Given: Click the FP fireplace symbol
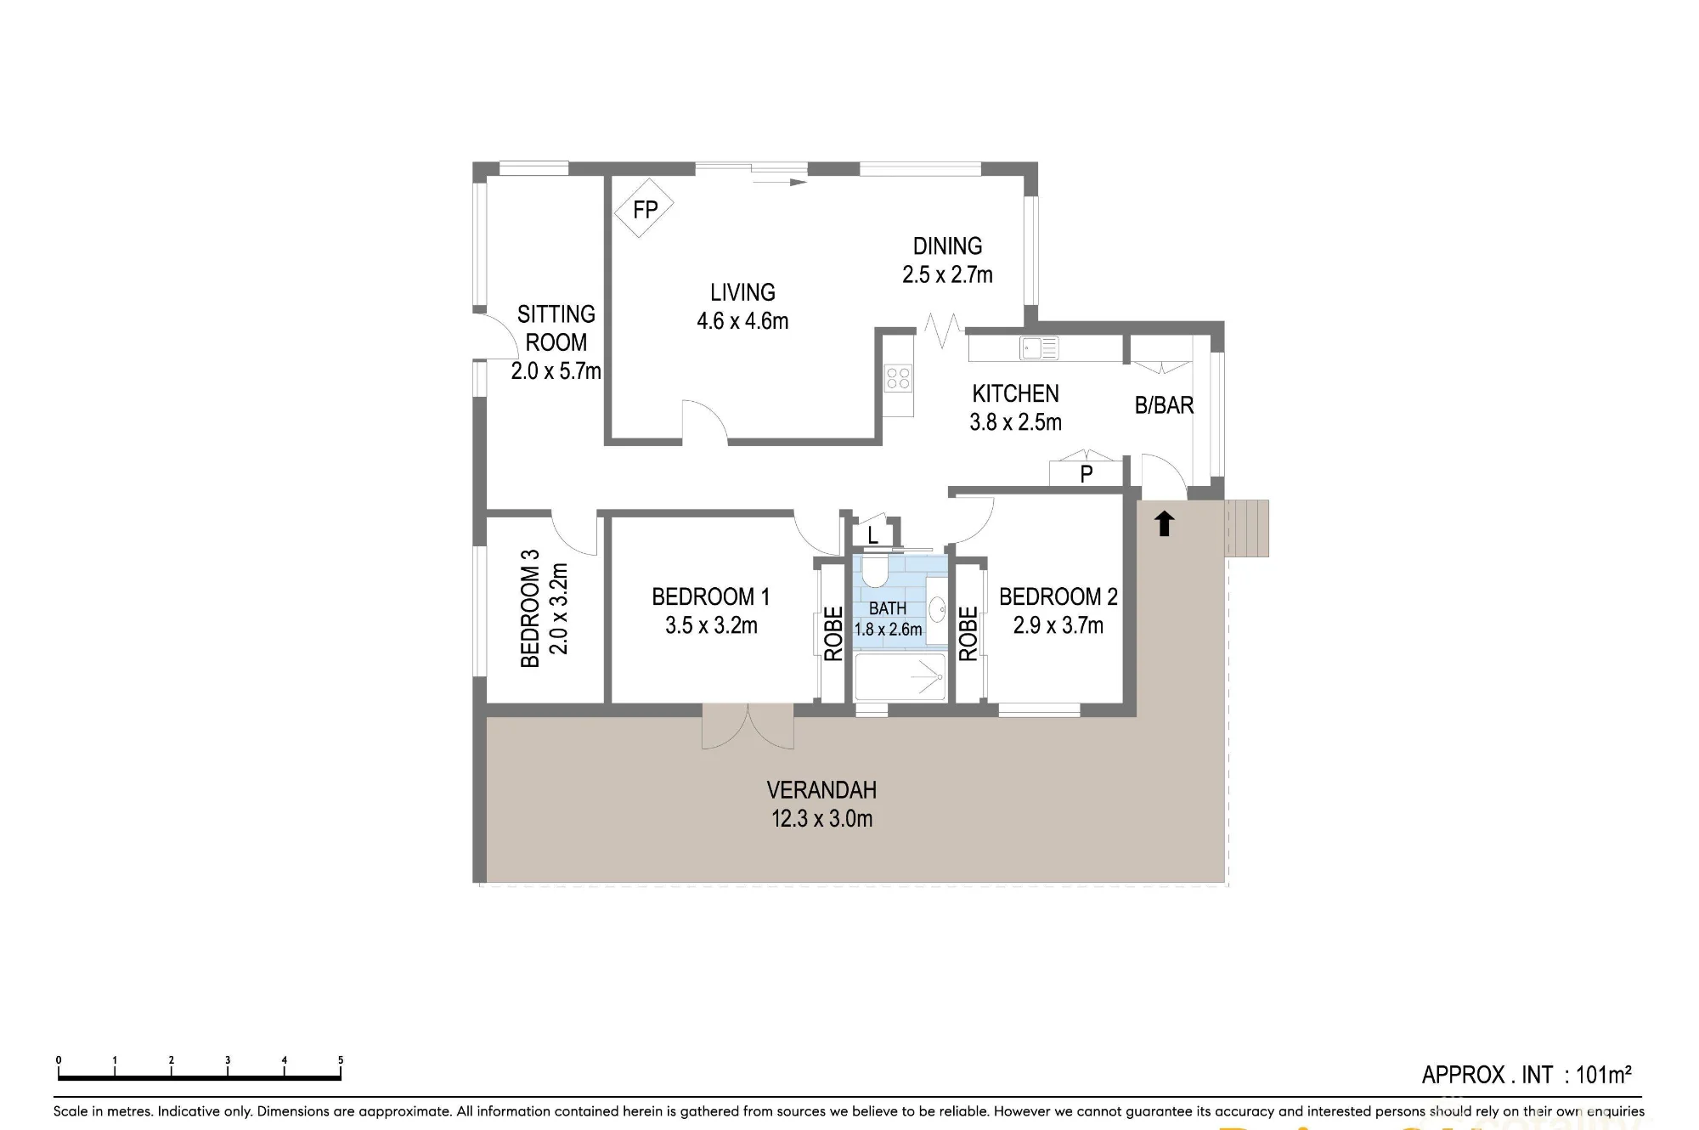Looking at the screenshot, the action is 644,208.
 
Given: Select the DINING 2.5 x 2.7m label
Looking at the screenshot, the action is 947,260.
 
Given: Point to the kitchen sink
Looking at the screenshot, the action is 1039,347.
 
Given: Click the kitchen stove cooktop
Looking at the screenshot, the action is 898,377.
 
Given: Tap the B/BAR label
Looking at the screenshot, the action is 1164,406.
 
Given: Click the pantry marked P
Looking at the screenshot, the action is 1087,472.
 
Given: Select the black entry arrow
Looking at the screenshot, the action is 1164,523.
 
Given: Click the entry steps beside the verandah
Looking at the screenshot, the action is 1246,528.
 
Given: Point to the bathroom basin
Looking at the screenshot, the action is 936,609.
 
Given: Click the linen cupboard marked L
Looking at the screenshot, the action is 872,534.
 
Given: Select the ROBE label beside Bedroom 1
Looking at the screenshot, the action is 833,633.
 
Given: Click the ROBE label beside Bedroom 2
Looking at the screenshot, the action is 968,633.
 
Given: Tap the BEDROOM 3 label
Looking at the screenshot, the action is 529,608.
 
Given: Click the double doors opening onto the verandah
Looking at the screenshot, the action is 748,726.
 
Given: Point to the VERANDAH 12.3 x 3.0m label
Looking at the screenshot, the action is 821,804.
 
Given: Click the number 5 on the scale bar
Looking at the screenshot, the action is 341,1060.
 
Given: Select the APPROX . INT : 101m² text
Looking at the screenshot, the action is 1527,1075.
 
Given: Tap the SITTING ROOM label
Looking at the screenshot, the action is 556,342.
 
